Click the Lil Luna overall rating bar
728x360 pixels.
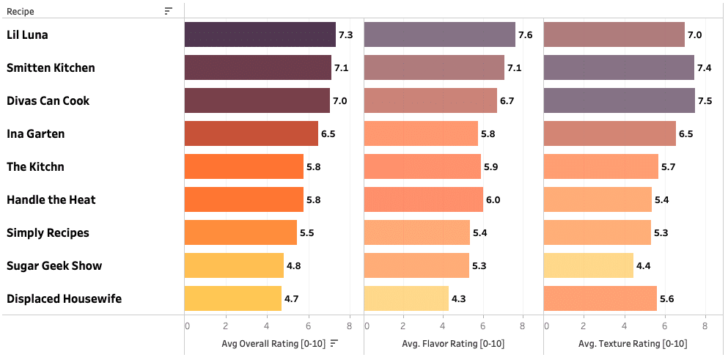(260, 34)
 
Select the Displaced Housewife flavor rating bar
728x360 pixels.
(406, 298)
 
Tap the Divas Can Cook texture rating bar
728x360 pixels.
(619, 100)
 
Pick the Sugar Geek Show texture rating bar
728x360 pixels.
(588, 265)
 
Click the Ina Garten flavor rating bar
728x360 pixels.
(421, 133)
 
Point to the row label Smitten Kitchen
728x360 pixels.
(51, 67)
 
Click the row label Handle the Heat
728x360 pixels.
(51, 199)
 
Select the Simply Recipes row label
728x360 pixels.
(48, 232)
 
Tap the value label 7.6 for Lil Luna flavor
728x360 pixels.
(525, 35)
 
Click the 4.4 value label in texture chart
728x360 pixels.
(643, 266)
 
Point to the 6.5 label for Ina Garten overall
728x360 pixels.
(328, 134)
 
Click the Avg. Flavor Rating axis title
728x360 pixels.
(453, 344)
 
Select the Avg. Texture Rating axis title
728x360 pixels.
(633, 344)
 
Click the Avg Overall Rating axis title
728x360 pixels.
(273, 344)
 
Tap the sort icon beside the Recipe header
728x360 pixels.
(169, 11)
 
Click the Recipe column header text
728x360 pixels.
(21, 11)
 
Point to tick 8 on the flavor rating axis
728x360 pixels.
(523, 326)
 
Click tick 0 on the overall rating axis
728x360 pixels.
(188, 326)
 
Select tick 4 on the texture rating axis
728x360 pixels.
(625, 326)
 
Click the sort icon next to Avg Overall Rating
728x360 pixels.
(334, 343)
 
